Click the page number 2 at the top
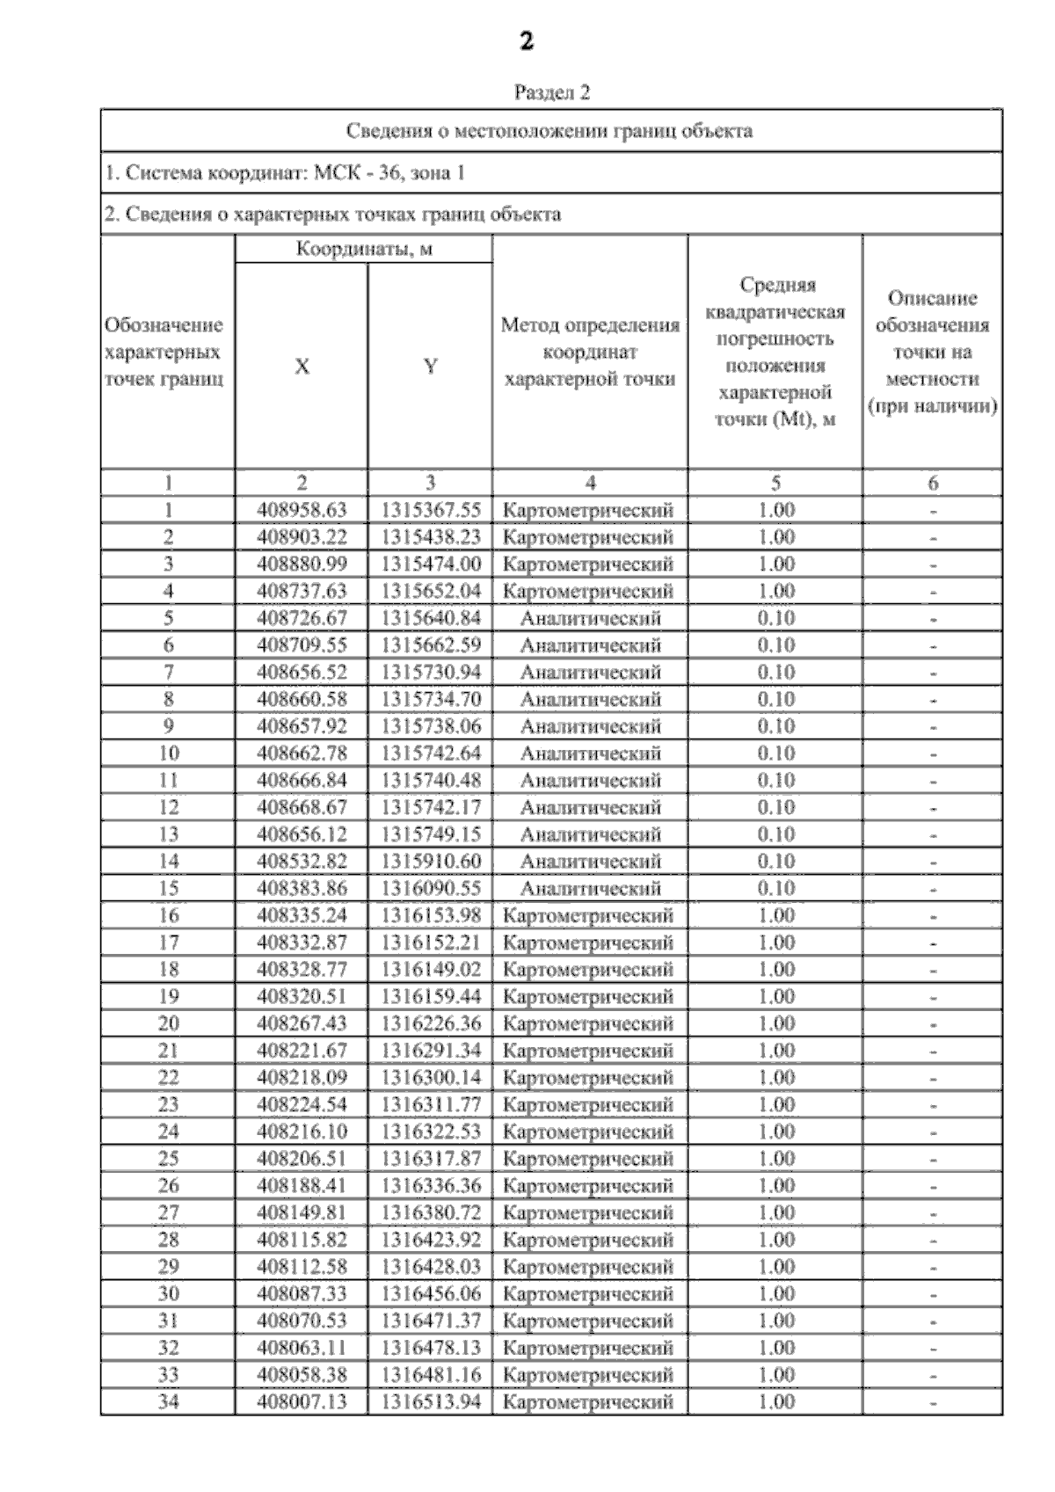pyautogui.click(x=527, y=41)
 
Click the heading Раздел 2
pyautogui.click(x=551, y=92)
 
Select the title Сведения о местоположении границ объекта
pyautogui.click(x=549, y=131)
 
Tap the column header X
pyautogui.click(x=302, y=367)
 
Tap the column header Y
pyautogui.click(x=430, y=367)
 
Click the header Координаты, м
pyautogui.click(x=363, y=249)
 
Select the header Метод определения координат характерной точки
pyautogui.click(x=589, y=352)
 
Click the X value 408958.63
pyautogui.click(x=302, y=510)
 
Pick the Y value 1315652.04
pyautogui.click(x=431, y=591)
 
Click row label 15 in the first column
pyautogui.click(x=168, y=888)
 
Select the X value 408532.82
pyautogui.click(x=302, y=862)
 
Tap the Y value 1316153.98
pyautogui.click(x=431, y=915)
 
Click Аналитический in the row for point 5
pyautogui.click(x=590, y=618)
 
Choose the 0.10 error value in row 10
pyautogui.click(x=775, y=753)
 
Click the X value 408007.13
pyautogui.click(x=302, y=1401)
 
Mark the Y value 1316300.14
pyautogui.click(x=431, y=1077)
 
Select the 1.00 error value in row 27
pyautogui.click(x=775, y=1212)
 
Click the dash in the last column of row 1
pyautogui.click(x=933, y=511)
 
